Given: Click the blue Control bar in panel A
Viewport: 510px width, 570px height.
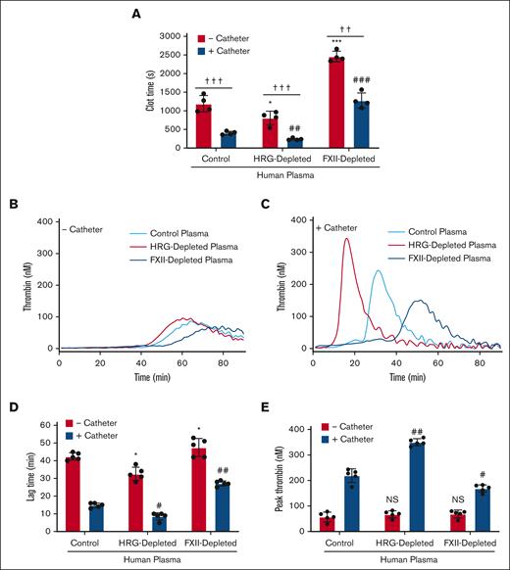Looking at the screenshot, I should (x=228, y=140).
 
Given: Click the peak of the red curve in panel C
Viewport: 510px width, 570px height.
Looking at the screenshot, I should (x=345, y=238).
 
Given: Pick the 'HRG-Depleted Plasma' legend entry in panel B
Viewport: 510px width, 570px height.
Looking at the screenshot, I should (x=184, y=249).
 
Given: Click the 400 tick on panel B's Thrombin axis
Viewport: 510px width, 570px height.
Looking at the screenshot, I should (x=46, y=222).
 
